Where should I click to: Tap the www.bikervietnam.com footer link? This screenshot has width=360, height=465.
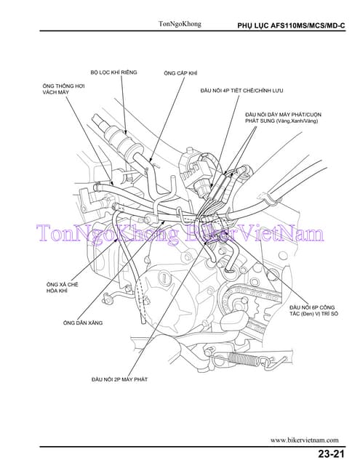[x=304, y=440]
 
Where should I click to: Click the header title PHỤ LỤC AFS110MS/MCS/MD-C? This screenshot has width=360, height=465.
[x=291, y=25]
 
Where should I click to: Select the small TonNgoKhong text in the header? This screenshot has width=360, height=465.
[x=180, y=24]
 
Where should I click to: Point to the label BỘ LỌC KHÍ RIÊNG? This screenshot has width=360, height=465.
[x=113, y=73]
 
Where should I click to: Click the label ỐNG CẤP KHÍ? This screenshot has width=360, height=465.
[x=180, y=73]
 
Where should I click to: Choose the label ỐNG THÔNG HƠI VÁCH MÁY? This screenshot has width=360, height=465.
[x=63, y=89]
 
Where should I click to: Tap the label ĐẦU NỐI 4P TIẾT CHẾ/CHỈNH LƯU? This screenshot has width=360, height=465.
[x=241, y=90]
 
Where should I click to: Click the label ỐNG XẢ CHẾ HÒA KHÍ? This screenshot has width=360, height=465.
[x=63, y=288]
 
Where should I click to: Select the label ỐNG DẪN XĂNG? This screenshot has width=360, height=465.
[x=83, y=323]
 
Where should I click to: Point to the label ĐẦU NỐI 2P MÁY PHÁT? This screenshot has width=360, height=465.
[x=119, y=379]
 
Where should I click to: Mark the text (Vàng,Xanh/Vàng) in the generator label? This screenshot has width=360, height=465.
[x=297, y=121]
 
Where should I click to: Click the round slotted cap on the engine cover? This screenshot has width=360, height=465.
[x=163, y=278]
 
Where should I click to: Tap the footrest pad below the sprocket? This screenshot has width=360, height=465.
[x=234, y=322]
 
